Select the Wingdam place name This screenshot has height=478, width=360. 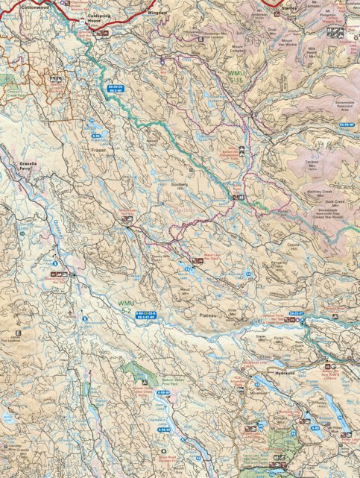[157, 13]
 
